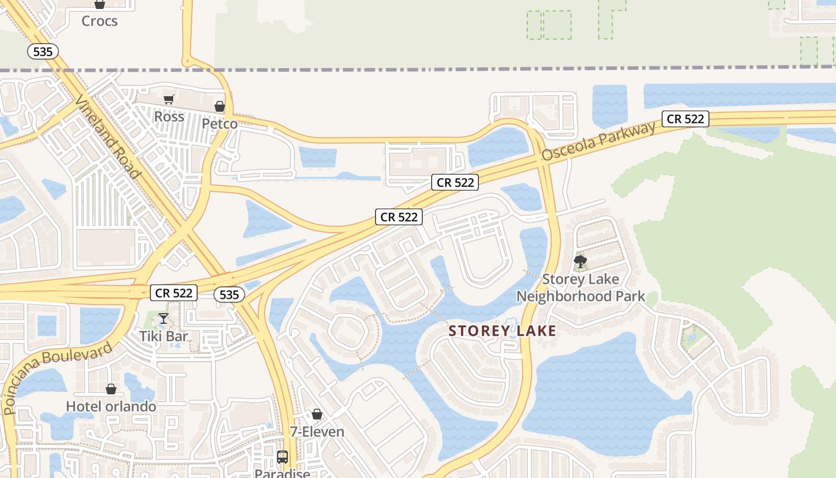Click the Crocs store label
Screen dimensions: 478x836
point(99,21)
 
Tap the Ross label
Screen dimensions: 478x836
point(169,117)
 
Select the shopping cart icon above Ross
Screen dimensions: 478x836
point(169,99)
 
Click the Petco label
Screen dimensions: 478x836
point(219,124)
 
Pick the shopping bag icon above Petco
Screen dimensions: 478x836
point(220,106)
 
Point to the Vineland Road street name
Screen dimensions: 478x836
point(107,136)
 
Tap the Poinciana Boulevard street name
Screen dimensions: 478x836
point(57,378)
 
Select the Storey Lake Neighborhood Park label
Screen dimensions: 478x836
point(580,287)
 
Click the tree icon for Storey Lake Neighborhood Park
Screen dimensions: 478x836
point(580,262)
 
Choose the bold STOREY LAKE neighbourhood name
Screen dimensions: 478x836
point(502,331)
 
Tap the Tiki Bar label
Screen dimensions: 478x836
point(164,336)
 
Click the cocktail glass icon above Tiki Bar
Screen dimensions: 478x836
point(164,318)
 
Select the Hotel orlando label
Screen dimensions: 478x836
point(111,406)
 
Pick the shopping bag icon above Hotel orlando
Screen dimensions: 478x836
point(111,389)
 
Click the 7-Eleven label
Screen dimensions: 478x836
point(317,431)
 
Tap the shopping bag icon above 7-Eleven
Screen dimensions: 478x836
point(317,414)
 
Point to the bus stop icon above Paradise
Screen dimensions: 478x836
point(282,457)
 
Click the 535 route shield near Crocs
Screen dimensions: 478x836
point(43,51)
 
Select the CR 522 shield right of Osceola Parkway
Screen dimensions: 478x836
point(685,119)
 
